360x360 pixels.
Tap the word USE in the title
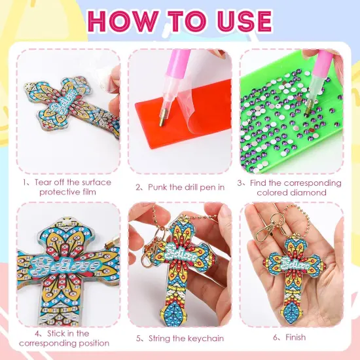tap(241, 21)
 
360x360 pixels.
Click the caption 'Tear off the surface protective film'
tap(69, 187)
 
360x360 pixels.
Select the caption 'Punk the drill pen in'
tap(180, 187)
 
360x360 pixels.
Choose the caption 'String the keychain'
tap(180, 338)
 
